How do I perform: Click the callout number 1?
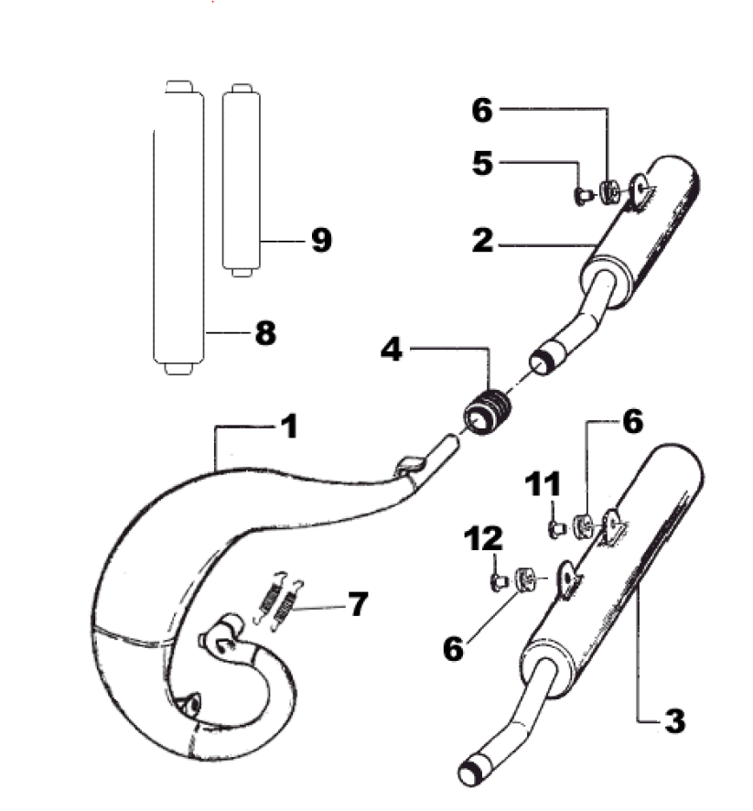(289, 427)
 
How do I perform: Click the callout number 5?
(482, 164)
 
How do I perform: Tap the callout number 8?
(264, 333)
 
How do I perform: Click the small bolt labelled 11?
(555, 527)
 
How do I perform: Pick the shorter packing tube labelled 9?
(242, 179)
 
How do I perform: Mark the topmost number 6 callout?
(482, 111)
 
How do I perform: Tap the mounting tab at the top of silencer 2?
(642, 189)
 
